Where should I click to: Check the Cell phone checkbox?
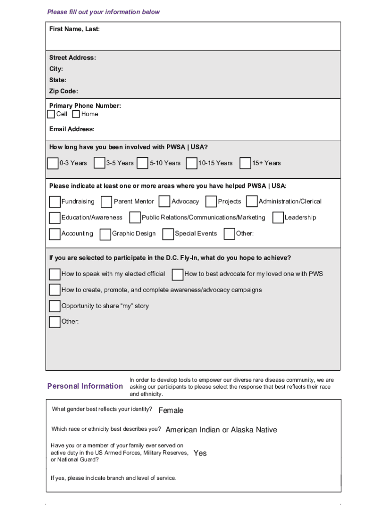pos(51,114)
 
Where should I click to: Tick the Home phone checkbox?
pos(76,114)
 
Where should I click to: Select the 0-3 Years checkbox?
pos(53,163)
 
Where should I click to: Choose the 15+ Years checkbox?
pos(245,163)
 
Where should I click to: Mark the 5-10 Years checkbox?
pos(142,163)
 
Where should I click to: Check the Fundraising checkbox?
pos(55,202)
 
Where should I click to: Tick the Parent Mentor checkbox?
pos(106,202)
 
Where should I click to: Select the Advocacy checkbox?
pos(164,202)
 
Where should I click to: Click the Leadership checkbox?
pos(278,218)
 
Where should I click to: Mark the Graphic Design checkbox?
pos(105,234)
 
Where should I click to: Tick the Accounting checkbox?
pos(55,234)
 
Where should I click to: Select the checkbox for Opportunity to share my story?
pos(55,306)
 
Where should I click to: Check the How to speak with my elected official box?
pos(55,274)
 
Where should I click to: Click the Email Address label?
pos(72,129)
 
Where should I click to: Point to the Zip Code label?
pos(64,91)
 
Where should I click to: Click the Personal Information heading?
pos(85,386)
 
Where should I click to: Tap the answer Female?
pos(171,410)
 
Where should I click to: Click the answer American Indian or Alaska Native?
pos(221,430)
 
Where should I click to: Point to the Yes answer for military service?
pos(200,453)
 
